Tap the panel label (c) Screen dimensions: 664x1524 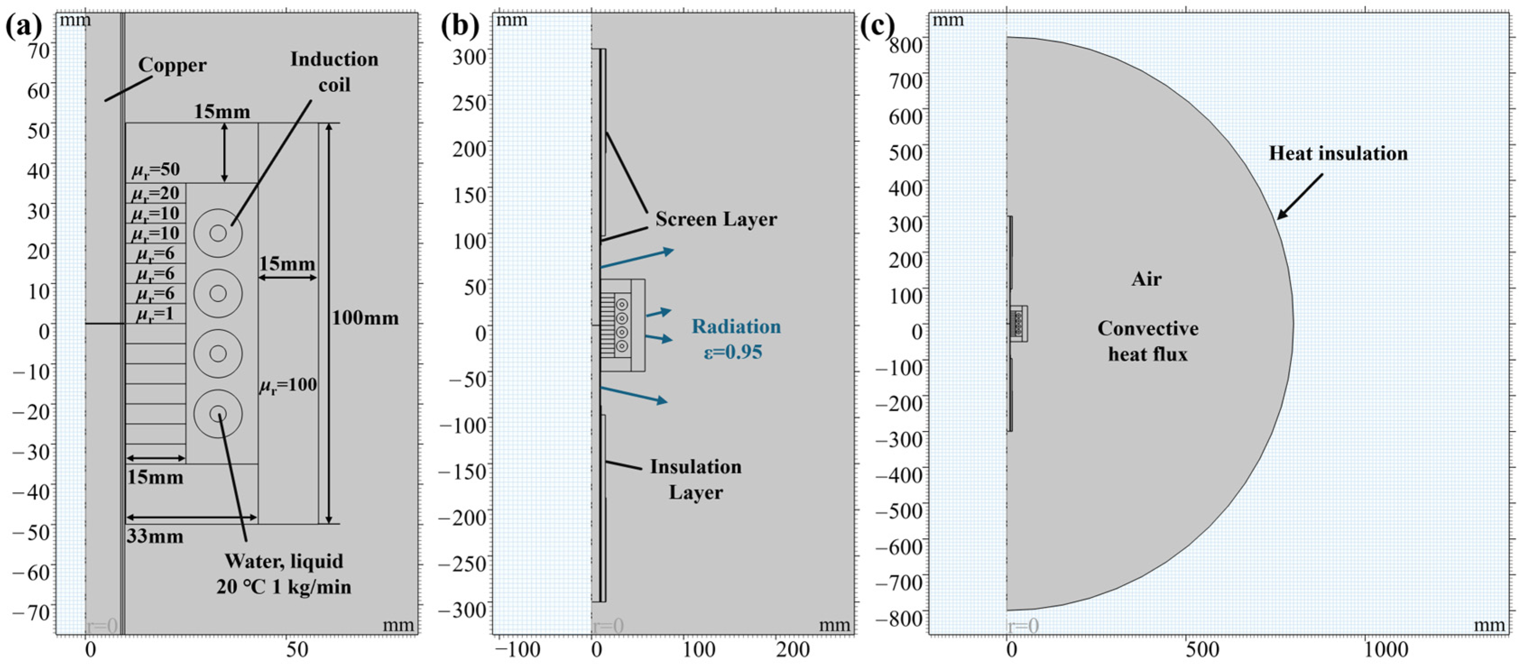click(x=879, y=27)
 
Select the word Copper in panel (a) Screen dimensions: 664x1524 click(x=172, y=65)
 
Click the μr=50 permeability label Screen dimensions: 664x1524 click(x=155, y=171)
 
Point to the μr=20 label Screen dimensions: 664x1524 click(x=155, y=193)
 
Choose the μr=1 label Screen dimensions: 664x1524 click(x=155, y=314)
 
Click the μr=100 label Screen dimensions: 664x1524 click(x=288, y=385)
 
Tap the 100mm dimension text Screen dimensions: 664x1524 click(x=365, y=318)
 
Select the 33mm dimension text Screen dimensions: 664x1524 click(x=155, y=537)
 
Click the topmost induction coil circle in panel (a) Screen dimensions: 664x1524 click(x=218, y=233)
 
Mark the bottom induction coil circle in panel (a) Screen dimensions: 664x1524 click(x=218, y=414)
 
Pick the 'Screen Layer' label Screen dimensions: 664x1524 click(x=716, y=220)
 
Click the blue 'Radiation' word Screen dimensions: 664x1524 click(x=736, y=326)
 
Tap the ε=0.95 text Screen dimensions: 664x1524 click(x=732, y=353)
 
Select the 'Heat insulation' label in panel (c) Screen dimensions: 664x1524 click(x=1338, y=154)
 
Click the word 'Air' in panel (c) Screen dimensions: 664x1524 click(x=1146, y=279)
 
